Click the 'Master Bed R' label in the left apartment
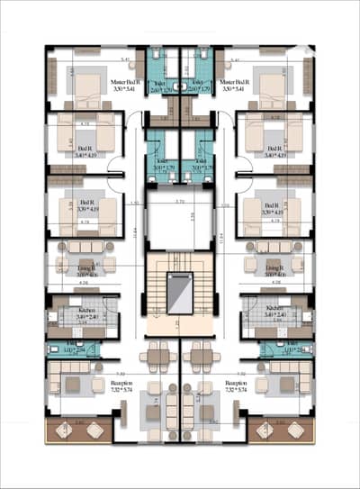coord(130,81)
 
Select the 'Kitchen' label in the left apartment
coord(87,308)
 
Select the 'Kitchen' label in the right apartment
coord(274,308)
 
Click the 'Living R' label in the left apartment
coord(87,267)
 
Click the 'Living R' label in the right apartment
coord(274,267)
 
